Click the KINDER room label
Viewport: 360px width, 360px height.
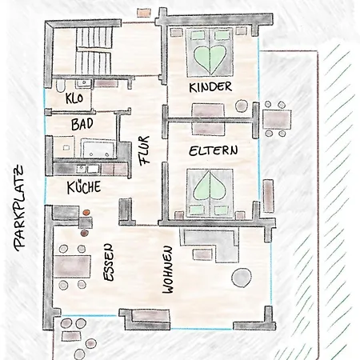pyautogui.click(x=210, y=87)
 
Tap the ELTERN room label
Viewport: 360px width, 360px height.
pyautogui.click(x=214, y=151)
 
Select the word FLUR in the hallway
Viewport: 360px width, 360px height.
pyautogui.click(x=145, y=150)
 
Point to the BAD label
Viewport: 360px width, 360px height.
pyautogui.click(x=82, y=124)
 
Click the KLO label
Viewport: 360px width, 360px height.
pyautogui.click(x=74, y=98)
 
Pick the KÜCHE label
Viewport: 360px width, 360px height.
pyautogui.click(x=84, y=187)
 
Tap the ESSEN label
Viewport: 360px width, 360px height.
pyautogui.click(x=109, y=262)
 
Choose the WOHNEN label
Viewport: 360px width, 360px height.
pyautogui.click(x=168, y=270)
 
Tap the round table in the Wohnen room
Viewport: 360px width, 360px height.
pyautogui.click(x=242, y=278)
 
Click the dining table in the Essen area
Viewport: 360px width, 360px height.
pyautogui.click(x=72, y=266)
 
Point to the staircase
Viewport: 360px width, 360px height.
pyautogui.click(x=94, y=50)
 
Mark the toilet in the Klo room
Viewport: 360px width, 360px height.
pyautogui.click(x=61, y=85)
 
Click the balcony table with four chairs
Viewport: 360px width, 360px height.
pyautogui.click(x=276, y=119)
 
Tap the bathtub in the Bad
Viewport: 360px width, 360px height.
pyautogui.click(x=98, y=149)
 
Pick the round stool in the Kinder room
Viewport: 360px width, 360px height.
pyautogui.click(x=242, y=106)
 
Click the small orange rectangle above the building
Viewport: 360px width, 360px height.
pyautogui.click(x=144, y=13)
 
